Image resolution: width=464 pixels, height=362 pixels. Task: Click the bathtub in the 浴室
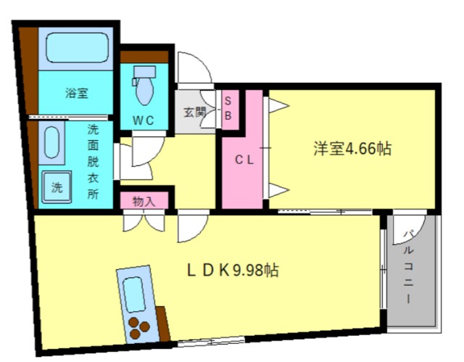pos(78,48)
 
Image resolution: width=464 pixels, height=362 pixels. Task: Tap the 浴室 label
pos(77,94)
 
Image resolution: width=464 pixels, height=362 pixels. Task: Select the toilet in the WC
pos(144,86)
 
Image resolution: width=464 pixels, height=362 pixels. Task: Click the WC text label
pos(144,120)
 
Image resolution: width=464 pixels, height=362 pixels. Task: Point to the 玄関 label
pos(194,112)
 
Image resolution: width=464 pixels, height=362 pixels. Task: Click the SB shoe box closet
pos(231,110)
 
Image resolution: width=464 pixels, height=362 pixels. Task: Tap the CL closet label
pos(244,160)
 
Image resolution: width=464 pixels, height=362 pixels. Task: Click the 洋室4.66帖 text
pos(352,148)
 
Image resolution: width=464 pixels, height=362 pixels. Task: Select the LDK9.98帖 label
pos(233,270)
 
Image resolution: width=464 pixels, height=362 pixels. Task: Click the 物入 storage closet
pos(144,200)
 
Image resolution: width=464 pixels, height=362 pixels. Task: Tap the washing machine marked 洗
pos(57,186)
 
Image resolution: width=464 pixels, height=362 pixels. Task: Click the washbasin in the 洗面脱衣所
pos(51,143)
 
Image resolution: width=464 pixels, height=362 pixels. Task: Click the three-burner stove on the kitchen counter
pos(138,328)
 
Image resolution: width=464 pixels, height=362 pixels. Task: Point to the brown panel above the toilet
pos(144,57)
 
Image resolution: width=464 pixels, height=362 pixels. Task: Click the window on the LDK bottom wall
pos(211,342)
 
